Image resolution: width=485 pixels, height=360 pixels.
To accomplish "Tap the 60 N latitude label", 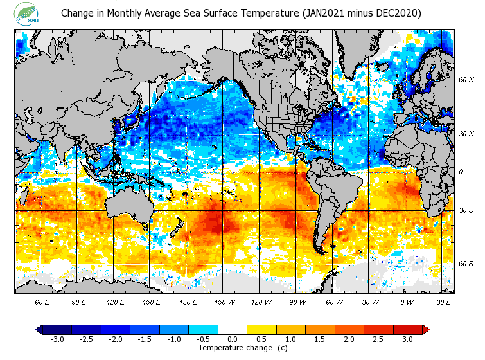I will [x=466, y=80].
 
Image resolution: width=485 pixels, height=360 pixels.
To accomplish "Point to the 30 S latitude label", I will [x=466, y=211].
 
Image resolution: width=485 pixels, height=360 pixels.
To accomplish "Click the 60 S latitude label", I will [x=466, y=264].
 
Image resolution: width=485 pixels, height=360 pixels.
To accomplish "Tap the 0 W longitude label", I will [x=406, y=301].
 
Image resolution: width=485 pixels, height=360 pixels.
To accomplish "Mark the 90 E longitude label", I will [x=79, y=301].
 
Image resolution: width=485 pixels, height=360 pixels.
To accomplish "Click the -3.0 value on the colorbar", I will [x=57, y=339].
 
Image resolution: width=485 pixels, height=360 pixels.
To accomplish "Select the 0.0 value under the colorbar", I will [x=233, y=339].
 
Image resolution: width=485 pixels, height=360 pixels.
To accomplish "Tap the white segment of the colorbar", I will [x=233, y=330].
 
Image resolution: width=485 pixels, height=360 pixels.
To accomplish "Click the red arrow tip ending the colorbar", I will [x=426, y=330].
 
